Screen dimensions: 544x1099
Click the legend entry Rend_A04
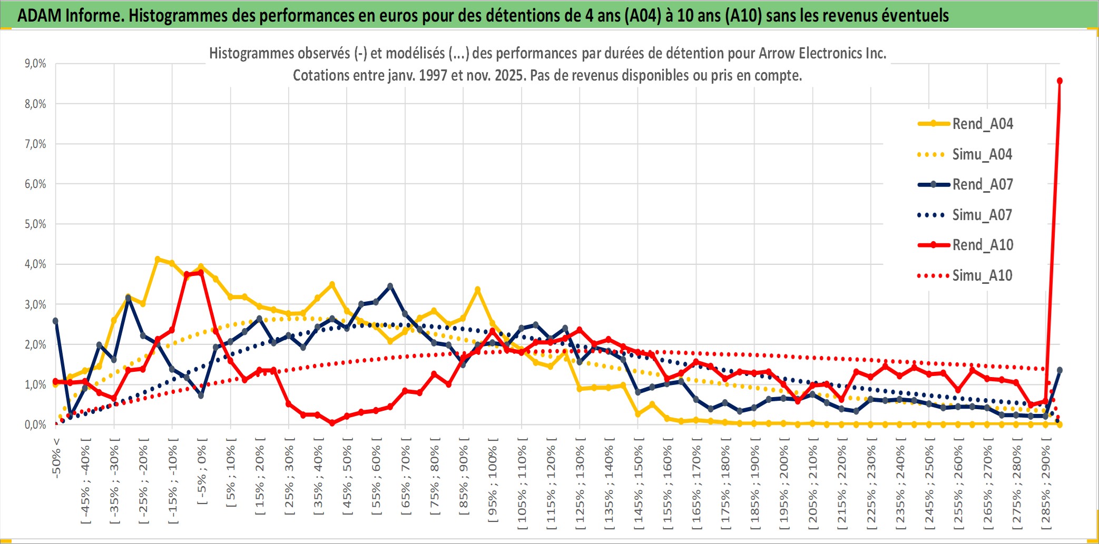point(982,124)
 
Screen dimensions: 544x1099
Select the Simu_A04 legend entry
point(982,154)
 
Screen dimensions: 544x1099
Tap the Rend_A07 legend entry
point(982,184)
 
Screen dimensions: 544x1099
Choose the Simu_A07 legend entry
point(982,215)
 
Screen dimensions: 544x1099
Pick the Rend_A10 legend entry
point(982,245)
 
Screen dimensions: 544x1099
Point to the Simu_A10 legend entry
point(982,275)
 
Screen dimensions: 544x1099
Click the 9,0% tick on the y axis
point(35,64)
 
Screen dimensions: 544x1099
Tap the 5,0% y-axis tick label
point(35,224)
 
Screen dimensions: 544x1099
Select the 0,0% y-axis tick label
point(35,424)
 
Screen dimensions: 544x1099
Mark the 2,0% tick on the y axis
point(35,344)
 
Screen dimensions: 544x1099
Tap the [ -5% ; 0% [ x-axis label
point(202,471)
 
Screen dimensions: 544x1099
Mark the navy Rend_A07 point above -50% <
point(56,321)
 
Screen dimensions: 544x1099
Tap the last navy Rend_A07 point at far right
point(1059,370)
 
